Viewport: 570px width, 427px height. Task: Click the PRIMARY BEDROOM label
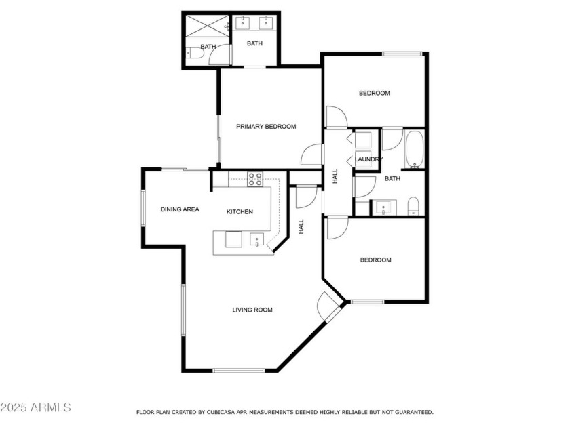click(x=266, y=127)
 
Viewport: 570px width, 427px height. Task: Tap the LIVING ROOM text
click(x=252, y=310)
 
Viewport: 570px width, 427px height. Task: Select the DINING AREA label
click(x=180, y=209)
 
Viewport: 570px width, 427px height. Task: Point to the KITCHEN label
click(x=240, y=212)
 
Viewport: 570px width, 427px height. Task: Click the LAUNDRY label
click(x=368, y=159)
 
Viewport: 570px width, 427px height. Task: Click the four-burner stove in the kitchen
click(x=255, y=179)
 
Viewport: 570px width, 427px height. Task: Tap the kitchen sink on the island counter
click(x=256, y=239)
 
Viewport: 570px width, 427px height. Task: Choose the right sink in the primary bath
click(x=267, y=24)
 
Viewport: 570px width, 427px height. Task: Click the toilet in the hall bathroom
click(x=413, y=206)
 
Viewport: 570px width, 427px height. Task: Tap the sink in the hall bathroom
click(x=383, y=207)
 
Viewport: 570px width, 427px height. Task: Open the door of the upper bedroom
click(x=336, y=117)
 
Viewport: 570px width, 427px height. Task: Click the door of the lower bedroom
click(x=336, y=228)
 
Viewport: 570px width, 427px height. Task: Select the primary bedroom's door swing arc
click(x=311, y=155)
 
